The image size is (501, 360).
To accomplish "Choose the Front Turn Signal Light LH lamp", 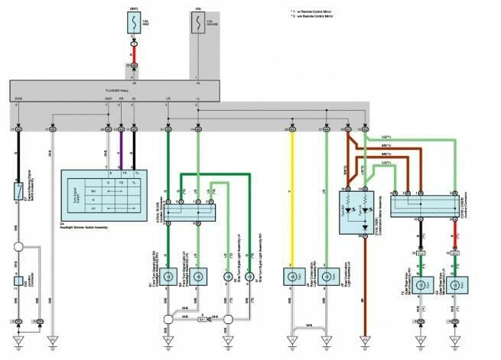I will [198, 277].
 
